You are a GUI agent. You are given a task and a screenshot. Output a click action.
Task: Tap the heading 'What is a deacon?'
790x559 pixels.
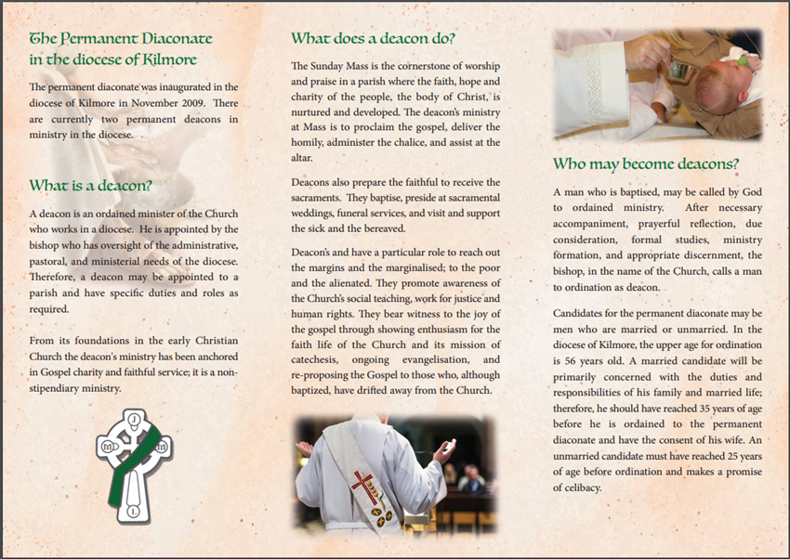coord(90,185)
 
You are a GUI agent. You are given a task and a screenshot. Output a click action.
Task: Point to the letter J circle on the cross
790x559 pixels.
coord(135,420)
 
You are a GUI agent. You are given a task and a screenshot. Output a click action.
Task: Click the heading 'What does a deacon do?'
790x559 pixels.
coord(373,38)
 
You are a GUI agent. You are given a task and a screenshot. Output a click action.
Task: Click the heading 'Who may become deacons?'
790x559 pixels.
coord(646,163)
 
